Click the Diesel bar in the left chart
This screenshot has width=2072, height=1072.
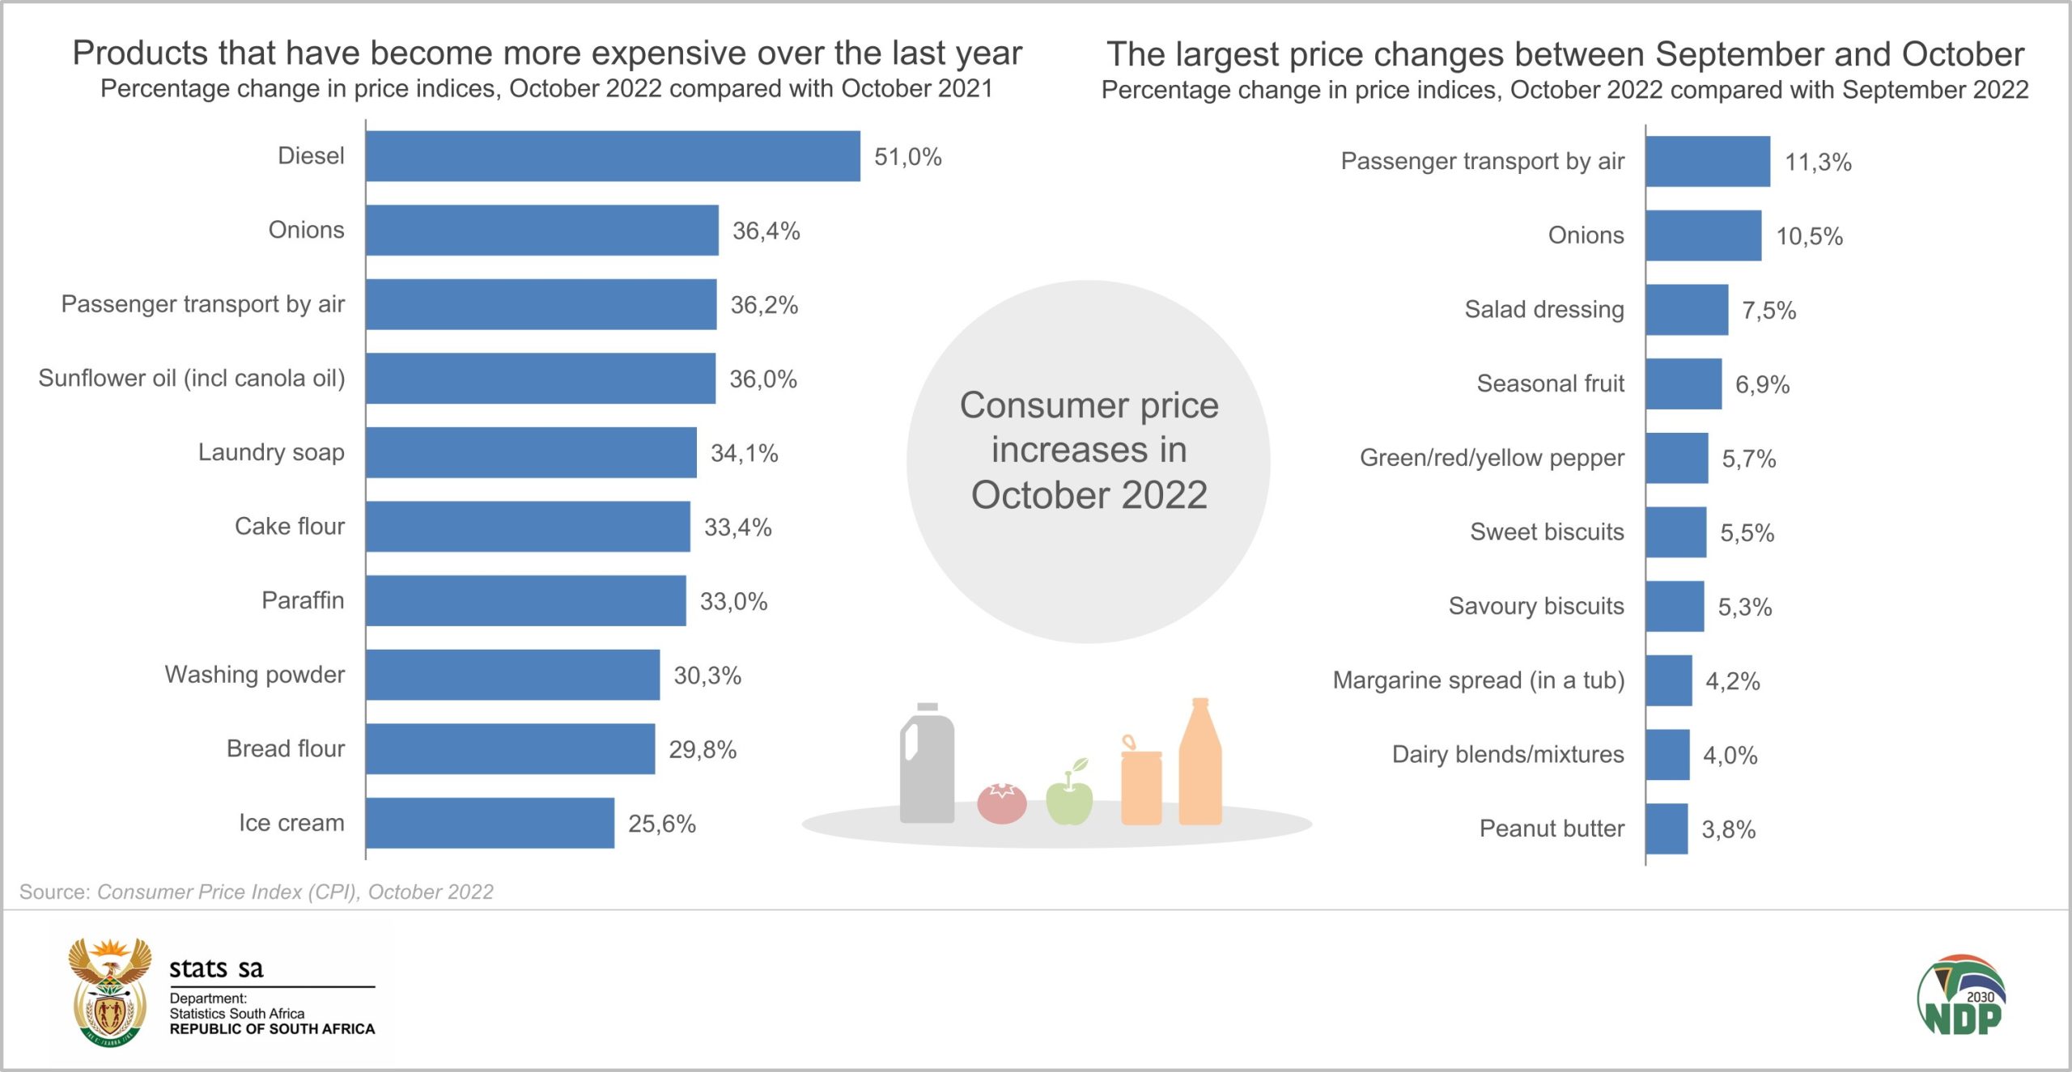612,156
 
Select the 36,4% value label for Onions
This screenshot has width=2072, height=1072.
766,231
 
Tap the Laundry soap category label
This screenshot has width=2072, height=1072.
271,452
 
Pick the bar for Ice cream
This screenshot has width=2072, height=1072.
490,823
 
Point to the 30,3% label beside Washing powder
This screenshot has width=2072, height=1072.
707,676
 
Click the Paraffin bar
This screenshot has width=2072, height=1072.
525,601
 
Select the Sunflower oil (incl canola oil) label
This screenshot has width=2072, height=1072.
192,379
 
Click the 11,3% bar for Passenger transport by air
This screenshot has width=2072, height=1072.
1707,162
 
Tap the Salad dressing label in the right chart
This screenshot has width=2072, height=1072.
1543,310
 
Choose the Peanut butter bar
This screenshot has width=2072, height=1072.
1667,828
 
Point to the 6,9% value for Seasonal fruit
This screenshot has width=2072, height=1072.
1761,385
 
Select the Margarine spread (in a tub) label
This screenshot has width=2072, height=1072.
1478,680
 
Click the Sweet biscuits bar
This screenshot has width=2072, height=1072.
1675,532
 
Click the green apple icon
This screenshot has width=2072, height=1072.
1069,797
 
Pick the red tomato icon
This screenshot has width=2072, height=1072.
1001,803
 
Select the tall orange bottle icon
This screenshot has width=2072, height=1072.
1199,765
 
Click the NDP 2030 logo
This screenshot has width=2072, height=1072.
1961,996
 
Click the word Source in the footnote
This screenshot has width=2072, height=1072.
53,892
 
